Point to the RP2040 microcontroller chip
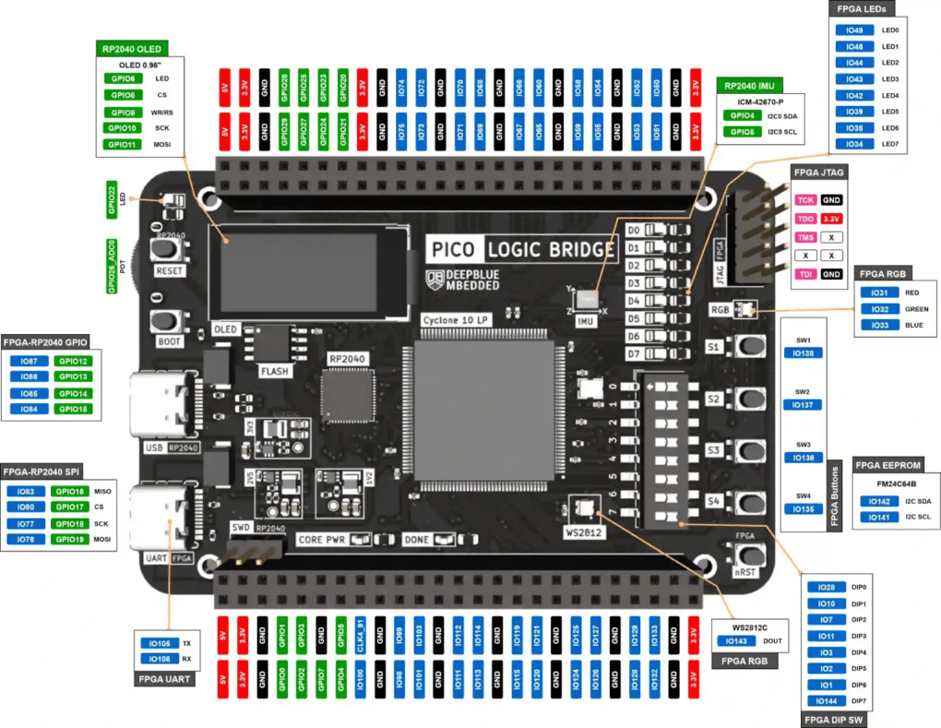[343, 395]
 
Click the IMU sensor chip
[587, 298]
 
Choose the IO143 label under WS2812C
[736, 640]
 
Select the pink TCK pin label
[805, 199]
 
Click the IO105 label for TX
[159, 643]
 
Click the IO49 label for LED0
[854, 30]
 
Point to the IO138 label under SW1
[804, 353]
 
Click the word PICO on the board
[452, 249]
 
